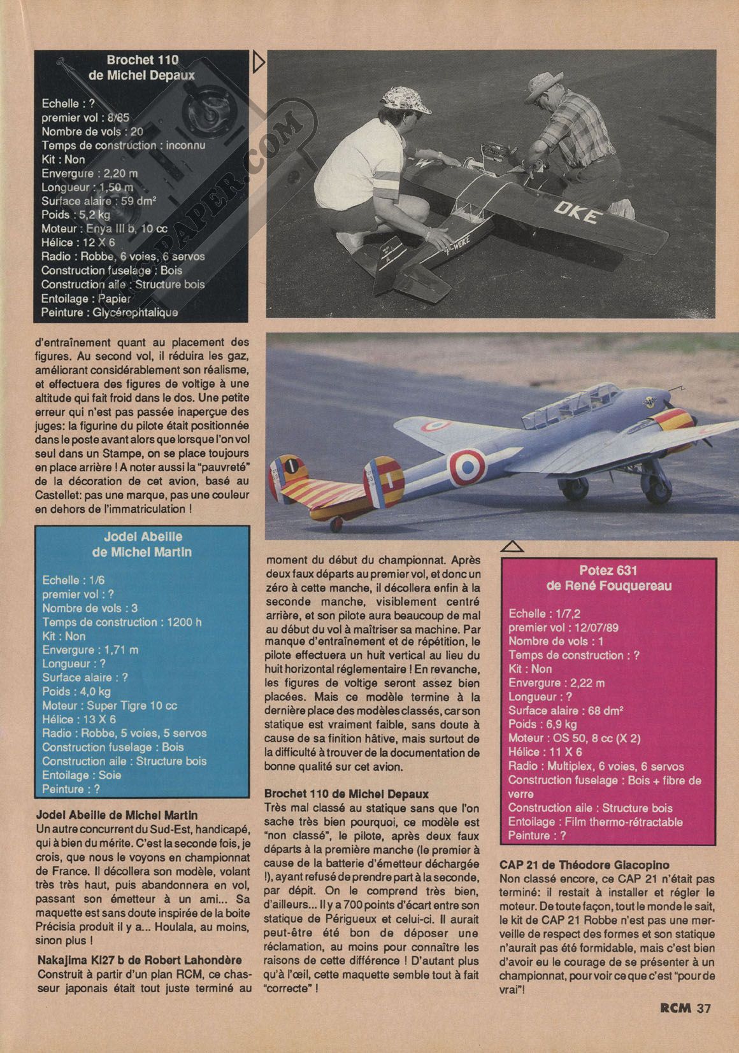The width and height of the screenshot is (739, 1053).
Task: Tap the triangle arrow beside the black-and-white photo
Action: [258, 62]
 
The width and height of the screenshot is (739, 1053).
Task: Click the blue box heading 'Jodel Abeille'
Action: [143, 537]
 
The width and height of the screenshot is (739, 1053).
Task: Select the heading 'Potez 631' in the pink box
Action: [608, 570]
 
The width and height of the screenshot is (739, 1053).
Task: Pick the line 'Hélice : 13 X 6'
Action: [79, 719]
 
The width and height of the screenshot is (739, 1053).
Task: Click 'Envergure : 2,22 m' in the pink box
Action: [557, 683]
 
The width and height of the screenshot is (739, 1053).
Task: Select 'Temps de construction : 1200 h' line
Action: [122, 622]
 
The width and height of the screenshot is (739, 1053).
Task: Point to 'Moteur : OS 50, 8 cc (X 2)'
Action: [575, 739]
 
